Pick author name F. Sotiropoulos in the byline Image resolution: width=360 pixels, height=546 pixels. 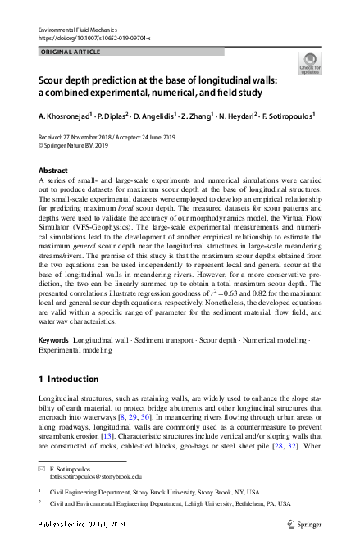coord(288,116)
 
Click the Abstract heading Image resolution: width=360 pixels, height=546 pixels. coord(53,171)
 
